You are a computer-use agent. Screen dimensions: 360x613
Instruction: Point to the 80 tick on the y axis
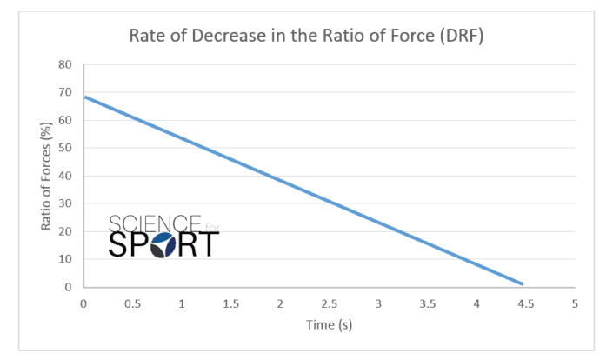[65, 64]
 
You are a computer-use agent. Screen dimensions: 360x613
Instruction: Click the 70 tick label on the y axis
[65, 92]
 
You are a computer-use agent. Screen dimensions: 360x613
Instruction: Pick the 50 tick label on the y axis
[65, 148]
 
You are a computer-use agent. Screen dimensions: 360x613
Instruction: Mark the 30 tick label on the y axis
[65, 203]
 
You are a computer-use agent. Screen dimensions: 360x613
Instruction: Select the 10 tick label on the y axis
[65, 259]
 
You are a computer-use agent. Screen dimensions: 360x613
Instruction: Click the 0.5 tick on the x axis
[132, 303]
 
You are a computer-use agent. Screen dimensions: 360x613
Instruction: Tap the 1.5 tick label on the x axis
[230, 303]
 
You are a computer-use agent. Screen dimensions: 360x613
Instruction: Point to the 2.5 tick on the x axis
[329, 303]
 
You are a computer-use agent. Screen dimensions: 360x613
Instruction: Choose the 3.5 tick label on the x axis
[427, 303]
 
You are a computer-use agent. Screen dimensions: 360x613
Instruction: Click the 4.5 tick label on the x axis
[525, 303]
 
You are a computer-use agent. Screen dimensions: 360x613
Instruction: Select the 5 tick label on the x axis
[575, 303]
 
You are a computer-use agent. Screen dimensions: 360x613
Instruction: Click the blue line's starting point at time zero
[84, 97]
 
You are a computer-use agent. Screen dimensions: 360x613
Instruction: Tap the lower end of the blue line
[522, 283]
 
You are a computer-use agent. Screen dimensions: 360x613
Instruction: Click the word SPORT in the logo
[164, 245]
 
